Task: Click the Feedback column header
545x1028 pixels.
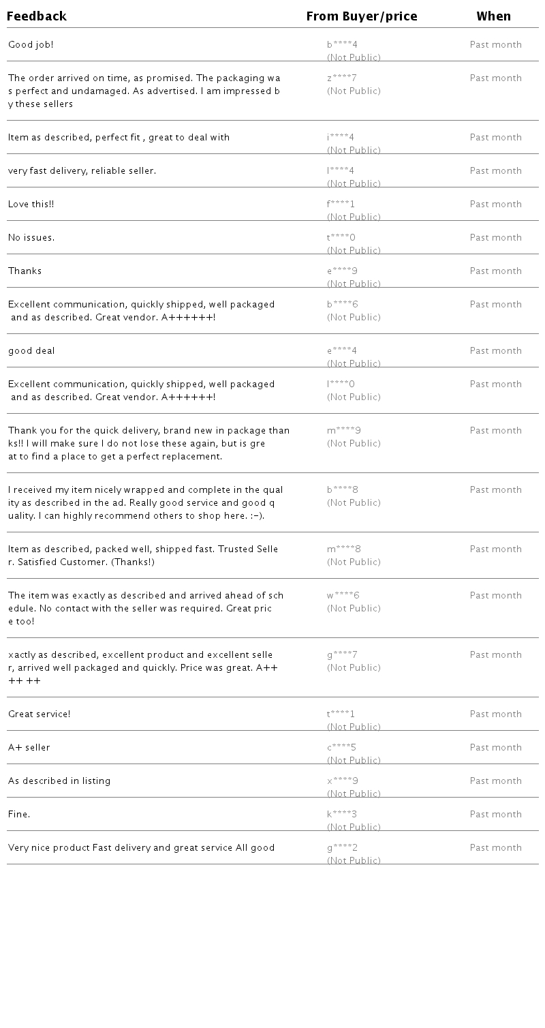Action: pyautogui.click(x=37, y=16)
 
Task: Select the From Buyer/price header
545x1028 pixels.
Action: pyautogui.click(x=362, y=16)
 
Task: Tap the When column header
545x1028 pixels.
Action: pyautogui.click(x=493, y=16)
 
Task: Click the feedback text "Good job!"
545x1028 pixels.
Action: pyautogui.click(x=31, y=45)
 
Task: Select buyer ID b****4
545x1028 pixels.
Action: pyautogui.click(x=342, y=45)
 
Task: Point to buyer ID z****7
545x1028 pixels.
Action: pyautogui.click(x=342, y=78)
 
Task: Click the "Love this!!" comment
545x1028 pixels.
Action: pyautogui.click(x=31, y=205)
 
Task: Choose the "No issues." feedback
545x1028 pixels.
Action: pyautogui.click(x=31, y=238)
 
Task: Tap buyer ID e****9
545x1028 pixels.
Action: pyautogui.click(x=342, y=271)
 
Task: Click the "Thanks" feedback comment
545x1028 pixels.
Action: pyautogui.click(x=25, y=271)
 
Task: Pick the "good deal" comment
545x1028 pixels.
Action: pyautogui.click(x=31, y=351)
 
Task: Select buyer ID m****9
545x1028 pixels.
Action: pyautogui.click(x=344, y=431)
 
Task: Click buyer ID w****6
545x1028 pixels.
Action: pyautogui.click(x=343, y=596)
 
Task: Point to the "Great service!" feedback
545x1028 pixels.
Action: pyautogui.click(x=40, y=714)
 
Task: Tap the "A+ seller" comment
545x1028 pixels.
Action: pyautogui.click(x=29, y=748)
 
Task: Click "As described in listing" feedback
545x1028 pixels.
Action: pyautogui.click(x=59, y=781)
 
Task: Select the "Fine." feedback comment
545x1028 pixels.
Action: pyautogui.click(x=19, y=815)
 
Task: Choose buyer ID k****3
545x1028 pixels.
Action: pyautogui.click(x=342, y=815)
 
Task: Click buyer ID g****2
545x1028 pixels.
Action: pyautogui.click(x=342, y=848)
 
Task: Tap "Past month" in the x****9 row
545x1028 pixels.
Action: pyautogui.click(x=496, y=781)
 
